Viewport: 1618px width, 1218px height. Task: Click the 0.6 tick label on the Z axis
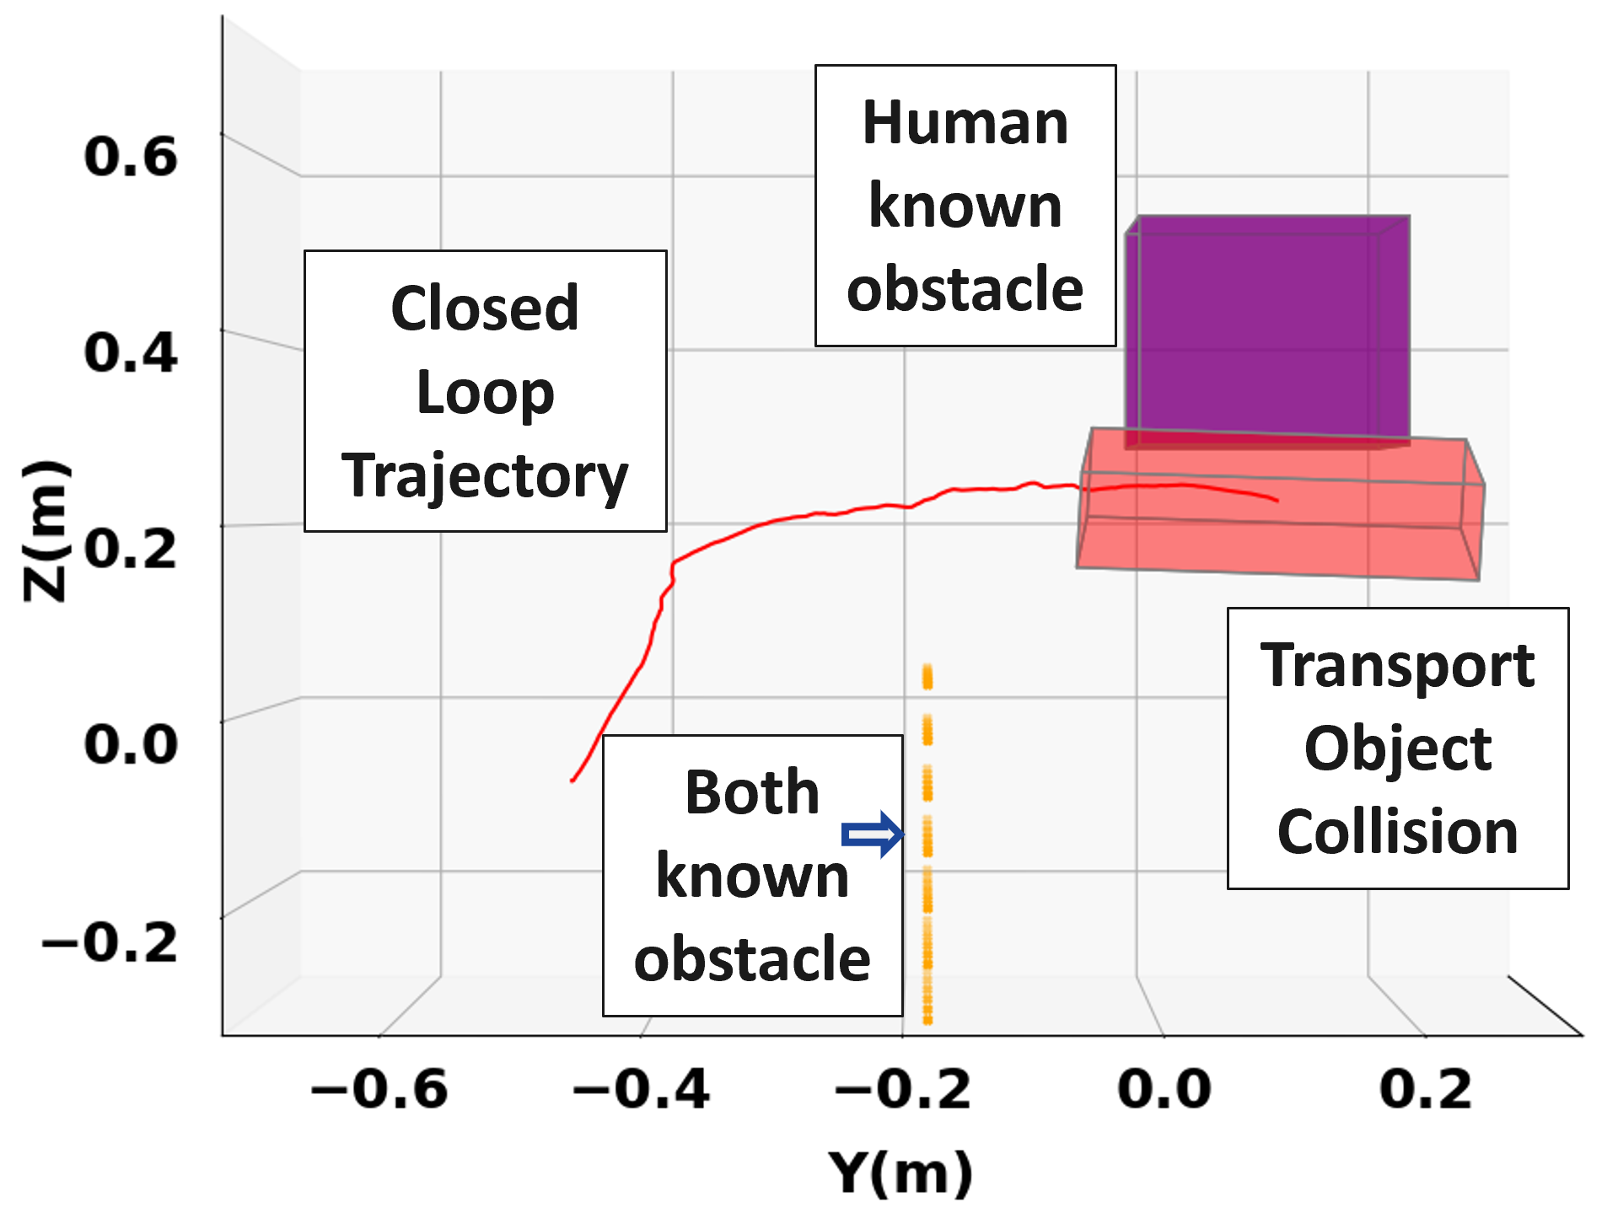tap(132, 157)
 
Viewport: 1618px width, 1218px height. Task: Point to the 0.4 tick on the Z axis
tap(132, 352)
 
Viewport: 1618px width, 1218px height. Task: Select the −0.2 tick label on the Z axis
tap(110, 942)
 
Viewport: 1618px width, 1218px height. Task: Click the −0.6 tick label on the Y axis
tap(379, 1089)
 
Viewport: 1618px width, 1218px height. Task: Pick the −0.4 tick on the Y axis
tap(641, 1089)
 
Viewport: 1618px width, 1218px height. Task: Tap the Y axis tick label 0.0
tap(1164, 1089)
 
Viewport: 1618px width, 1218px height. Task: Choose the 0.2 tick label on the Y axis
tap(1426, 1089)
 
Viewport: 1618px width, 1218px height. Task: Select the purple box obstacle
tap(1267, 329)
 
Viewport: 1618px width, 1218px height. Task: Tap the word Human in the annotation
tap(965, 123)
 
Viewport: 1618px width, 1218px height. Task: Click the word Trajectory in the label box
tap(485, 476)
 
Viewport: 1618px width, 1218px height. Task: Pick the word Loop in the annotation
tap(485, 393)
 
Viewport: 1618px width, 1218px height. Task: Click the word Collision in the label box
tap(1397, 832)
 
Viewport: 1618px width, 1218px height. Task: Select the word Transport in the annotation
tap(1397, 666)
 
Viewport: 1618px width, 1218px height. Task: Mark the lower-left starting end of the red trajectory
tap(572, 781)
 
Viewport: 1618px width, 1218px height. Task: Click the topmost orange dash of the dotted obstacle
tap(927, 676)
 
